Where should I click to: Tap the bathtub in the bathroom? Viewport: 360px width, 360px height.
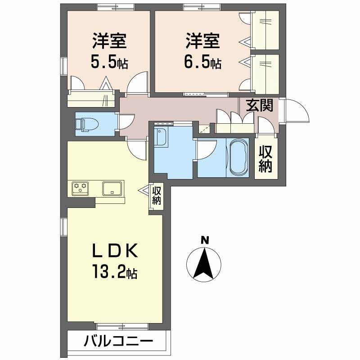coord(238,157)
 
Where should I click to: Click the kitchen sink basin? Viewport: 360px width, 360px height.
coord(112,188)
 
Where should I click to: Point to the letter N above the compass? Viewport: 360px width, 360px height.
coord(205,240)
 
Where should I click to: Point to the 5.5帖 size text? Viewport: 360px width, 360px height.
coord(109,63)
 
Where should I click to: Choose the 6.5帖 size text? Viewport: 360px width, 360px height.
coord(202,63)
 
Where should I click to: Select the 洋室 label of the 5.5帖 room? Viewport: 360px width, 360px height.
coord(109,41)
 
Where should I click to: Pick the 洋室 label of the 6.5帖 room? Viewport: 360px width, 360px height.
coord(202,41)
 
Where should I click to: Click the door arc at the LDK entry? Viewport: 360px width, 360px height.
coord(138,148)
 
